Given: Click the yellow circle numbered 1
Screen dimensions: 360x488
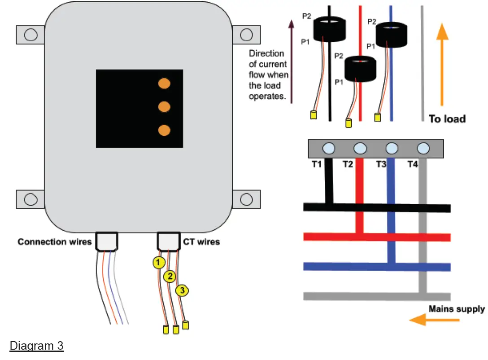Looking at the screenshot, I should click(x=158, y=263).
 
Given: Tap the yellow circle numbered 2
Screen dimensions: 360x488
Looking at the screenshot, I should click(x=169, y=276).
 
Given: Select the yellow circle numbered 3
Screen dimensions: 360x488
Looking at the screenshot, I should click(x=182, y=290).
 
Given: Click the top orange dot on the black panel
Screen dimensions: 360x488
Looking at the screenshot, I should click(x=165, y=83).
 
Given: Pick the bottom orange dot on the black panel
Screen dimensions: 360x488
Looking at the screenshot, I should click(x=165, y=130).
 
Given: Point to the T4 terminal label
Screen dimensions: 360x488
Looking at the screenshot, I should click(x=412, y=165).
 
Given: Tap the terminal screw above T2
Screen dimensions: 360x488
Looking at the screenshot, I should click(x=360, y=148).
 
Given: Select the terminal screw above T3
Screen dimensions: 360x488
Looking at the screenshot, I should click(x=392, y=148).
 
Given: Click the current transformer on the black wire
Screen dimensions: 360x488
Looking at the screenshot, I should click(x=329, y=29).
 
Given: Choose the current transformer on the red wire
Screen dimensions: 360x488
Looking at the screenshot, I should click(x=360, y=69).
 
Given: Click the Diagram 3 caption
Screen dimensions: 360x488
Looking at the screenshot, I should click(x=37, y=347).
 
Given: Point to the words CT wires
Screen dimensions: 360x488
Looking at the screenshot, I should click(x=201, y=242).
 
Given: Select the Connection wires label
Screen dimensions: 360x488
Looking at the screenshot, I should click(x=54, y=242).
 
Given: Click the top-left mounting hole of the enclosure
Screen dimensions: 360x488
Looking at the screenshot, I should click(x=30, y=35).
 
